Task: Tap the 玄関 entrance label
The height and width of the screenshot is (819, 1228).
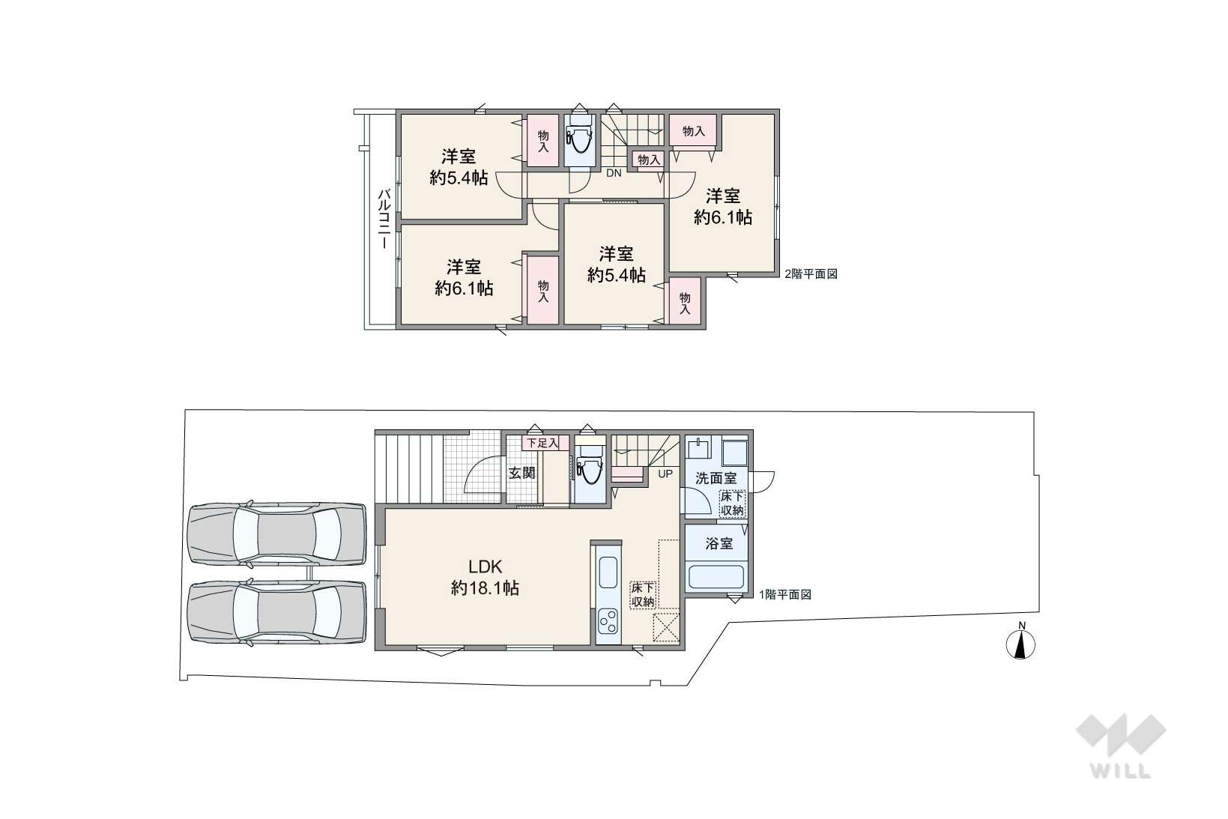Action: [522, 473]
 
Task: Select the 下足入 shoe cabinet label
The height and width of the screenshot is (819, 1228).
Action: [542, 443]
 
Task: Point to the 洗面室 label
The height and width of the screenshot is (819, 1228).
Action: [716, 478]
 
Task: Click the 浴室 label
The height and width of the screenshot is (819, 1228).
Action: [719, 543]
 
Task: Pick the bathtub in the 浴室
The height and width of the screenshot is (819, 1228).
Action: [716, 577]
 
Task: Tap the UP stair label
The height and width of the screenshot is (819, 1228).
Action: [665, 474]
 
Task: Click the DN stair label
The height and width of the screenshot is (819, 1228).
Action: [614, 173]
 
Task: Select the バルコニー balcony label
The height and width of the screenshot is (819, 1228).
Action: [384, 219]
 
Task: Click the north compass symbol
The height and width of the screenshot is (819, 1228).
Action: [1020, 642]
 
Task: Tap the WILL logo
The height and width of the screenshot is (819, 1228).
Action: [1121, 746]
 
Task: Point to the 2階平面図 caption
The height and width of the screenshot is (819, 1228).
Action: [811, 274]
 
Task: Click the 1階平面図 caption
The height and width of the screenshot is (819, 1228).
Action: [785, 594]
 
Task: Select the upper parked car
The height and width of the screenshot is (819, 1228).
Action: [276, 534]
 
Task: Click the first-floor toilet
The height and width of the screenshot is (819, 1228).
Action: [590, 467]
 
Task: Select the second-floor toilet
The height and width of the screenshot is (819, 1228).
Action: [578, 139]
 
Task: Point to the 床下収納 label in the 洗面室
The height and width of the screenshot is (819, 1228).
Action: [732, 504]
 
